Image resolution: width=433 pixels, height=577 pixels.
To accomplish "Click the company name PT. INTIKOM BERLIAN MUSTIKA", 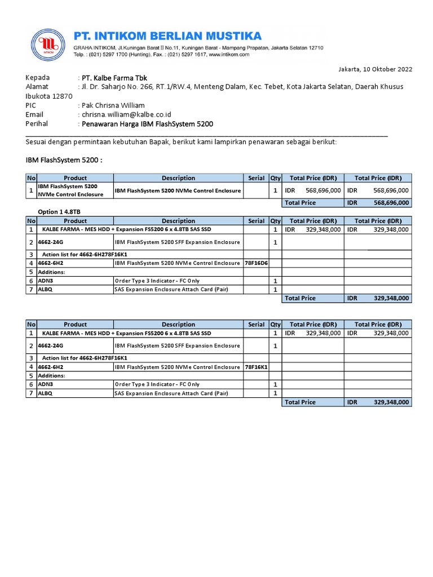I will tap(168, 36).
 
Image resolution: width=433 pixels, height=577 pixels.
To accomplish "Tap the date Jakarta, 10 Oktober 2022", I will tap(375, 69).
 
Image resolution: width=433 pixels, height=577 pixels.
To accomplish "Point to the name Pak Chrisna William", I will tap(113, 105).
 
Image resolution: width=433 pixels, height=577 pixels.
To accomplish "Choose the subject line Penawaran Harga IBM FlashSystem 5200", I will tap(148, 124).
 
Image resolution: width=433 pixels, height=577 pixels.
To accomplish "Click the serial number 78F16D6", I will tap(256, 263).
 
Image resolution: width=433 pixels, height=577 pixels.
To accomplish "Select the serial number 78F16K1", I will tap(256, 367).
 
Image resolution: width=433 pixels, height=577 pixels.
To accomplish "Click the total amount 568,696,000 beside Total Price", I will tap(391, 203).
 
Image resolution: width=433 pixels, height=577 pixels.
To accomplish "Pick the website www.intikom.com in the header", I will tap(229, 55).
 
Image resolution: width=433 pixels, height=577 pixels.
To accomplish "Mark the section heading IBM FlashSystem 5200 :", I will tap(64, 161).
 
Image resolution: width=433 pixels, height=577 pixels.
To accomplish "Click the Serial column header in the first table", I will tap(256, 178).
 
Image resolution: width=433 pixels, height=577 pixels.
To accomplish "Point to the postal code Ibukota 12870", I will tap(49, 96).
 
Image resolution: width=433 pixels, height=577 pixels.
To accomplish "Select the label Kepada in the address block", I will tap(38, 78).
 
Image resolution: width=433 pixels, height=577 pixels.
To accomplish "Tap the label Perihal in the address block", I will tap(37, 124).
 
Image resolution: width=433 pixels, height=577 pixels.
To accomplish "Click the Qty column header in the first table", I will tap(275, 178).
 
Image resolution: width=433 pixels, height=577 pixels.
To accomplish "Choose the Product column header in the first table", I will tap(75, 178).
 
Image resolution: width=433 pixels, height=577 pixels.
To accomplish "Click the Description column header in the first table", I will tap(178, 178).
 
